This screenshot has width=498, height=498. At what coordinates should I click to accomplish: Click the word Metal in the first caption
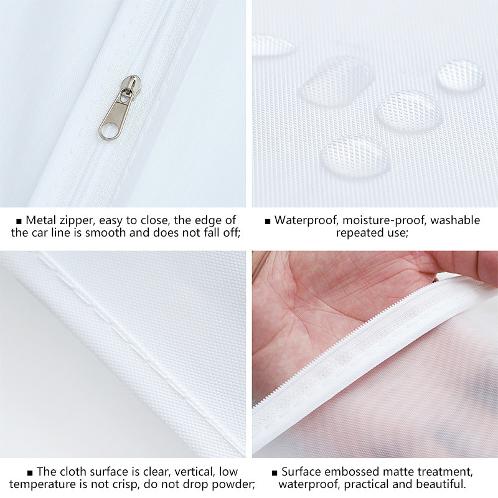click(x=40, y=220)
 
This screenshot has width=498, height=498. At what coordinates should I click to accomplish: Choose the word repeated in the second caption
click(x=360, y=233)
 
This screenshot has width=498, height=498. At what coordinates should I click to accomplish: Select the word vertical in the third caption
click(x=194, y=471)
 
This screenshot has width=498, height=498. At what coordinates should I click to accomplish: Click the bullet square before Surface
click(x=275, y=473)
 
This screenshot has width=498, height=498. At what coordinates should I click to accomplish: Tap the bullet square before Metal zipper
click(x=19, y=222)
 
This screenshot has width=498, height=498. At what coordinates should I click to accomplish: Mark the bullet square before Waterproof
click(x=268, y=222)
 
